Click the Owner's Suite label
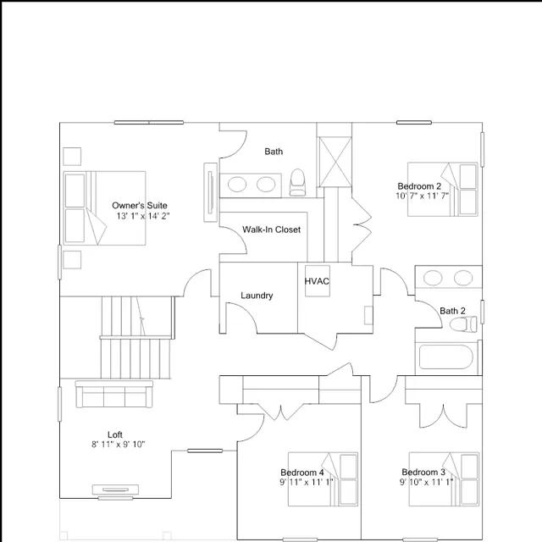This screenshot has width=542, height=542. pos(140,205)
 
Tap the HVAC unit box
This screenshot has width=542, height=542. pos(318,280)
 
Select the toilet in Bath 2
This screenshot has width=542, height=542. pos(463,324)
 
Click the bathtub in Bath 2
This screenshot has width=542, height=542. pos(445,357)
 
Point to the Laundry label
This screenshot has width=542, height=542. pos(257,296)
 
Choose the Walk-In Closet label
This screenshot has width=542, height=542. pos(271,230)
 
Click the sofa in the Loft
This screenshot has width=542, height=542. pos(114,394)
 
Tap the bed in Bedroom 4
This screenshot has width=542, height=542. pos(323,479)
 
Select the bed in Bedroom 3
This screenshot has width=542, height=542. pos(444,479)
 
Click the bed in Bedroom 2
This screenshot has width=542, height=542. pos(443,190)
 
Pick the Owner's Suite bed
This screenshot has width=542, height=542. pos(104,208)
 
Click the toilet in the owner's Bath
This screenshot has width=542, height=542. pos(297,182)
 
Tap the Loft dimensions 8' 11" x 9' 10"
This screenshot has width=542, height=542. pos(119,444)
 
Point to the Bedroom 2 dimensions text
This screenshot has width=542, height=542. pos(422,196)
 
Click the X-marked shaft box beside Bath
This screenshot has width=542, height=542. pos(335,162)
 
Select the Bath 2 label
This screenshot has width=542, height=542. pos(452,311)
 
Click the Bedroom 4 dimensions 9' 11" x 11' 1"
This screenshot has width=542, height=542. pos(307,482)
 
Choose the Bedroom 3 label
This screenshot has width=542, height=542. pos(423,472)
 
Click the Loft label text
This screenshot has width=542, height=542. pos(115,434)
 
